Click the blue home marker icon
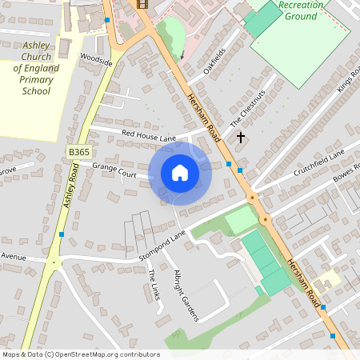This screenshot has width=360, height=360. [180, 173]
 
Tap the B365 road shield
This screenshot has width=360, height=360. [78, 151]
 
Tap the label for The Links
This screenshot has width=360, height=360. [154, 286]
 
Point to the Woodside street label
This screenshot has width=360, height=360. [96, 58]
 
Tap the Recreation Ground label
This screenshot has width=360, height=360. [302, 10]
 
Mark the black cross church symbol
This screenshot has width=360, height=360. [240, 138]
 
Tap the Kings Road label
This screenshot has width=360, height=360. [349, 80]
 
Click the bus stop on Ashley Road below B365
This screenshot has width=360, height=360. [62, 234]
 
